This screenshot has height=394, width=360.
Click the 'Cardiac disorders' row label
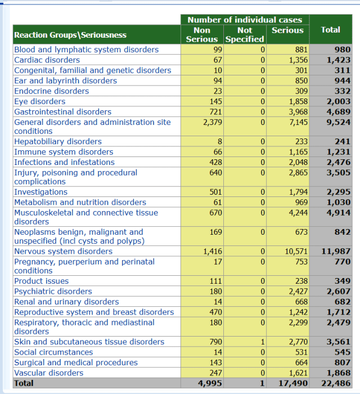(x=47, y=60)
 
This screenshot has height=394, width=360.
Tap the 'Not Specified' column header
(x=245, y=34)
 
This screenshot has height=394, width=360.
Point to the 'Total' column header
(x=330, y=30)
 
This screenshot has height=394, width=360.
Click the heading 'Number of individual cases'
(x=245, y=20)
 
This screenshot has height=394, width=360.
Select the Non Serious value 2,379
(x=212, y=122)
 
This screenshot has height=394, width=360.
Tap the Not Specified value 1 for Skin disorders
(x=263, y=342)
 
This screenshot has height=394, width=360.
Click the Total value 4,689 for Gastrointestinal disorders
(x=339, y=112)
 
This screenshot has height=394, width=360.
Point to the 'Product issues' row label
(x=42, y=281)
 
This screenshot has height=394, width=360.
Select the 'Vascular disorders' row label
(x=49, y=373)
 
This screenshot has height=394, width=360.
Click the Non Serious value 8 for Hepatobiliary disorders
(x=219, y=142)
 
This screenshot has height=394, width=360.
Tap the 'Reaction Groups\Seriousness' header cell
(x=70, y=35)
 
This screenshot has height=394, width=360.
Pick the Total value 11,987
(x=336, y=252)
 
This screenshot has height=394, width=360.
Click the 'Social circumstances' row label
(x=53, y=352)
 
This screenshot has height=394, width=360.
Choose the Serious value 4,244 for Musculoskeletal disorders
(x=298, y=213)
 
